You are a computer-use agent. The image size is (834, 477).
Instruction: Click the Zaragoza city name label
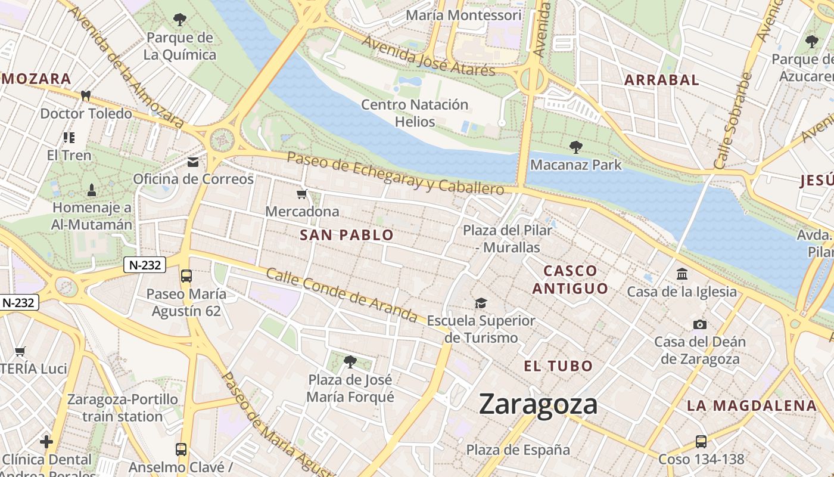click(x=538, y=404)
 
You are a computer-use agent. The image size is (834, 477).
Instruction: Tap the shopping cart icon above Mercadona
click(x=302, y=194)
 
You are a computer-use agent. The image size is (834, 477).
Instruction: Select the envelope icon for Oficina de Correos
click(x=193, y=162)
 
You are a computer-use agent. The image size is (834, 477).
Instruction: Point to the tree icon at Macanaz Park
click(x=575, y=147)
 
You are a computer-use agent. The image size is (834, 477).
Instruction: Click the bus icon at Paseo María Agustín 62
click(x=186, y=276)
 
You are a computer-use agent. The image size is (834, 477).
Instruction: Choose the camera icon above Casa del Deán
click(x=700, y=324)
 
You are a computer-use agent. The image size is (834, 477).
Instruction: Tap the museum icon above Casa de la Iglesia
click(x=682, y=274)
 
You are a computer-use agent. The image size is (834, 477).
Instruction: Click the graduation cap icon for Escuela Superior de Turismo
click(x=481, y=303)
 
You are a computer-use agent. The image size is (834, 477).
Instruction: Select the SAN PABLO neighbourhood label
click(x=347, y=235)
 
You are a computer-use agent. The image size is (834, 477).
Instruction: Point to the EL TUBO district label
click(x=558, y=366)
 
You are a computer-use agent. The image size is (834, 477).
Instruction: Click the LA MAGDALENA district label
click(x=752, y=406)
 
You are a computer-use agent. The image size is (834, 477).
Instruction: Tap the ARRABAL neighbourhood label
click(x=661, y=80)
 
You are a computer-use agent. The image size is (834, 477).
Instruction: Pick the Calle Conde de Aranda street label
click(x=341, y=295)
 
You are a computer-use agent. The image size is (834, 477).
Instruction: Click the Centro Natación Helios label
click(x=415, y=113)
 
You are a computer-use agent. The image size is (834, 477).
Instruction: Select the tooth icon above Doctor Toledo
click(x=86, y=95)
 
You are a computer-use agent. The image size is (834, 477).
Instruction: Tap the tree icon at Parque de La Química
click(x=180, y=20)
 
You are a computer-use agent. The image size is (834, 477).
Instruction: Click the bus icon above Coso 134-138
click(x=701, y=442)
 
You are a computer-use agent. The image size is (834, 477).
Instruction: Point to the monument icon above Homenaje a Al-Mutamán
click(x=92, y=190)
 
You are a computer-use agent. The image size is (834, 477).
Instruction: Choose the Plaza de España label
click(x=518, y=450)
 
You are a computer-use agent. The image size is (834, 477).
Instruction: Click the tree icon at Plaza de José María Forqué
click(x=350, y=361)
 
